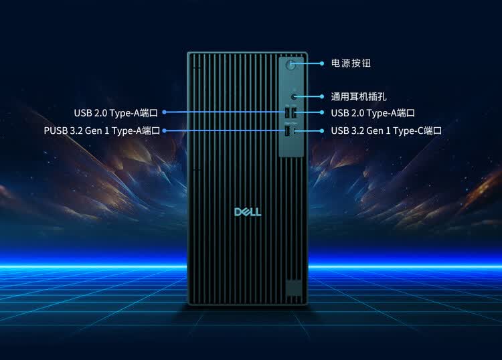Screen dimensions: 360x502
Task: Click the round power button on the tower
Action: (291, 64)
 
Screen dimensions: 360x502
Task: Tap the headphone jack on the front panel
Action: (294, 97)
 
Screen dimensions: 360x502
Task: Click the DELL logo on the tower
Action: (248, 211)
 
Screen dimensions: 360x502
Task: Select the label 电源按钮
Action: (351, 64)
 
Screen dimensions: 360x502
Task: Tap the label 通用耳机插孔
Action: (359, 97)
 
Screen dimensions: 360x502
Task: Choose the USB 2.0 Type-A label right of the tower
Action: (373, 113)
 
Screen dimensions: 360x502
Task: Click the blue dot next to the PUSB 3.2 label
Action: (165, 131)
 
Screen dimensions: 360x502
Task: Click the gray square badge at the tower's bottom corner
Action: (292, 286)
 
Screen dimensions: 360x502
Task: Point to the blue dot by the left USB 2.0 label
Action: (165, 112)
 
